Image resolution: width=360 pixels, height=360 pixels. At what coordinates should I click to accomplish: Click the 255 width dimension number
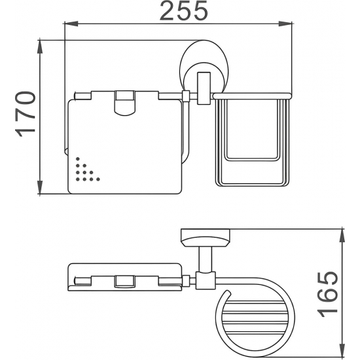[x=183, y=11]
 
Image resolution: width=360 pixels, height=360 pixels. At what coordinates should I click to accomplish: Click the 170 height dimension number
[x=26, y=115]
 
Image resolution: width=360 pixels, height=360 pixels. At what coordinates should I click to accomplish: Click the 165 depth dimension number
[x=327, y=295]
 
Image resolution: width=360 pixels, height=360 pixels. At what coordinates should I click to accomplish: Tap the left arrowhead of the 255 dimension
[x=71, y=24]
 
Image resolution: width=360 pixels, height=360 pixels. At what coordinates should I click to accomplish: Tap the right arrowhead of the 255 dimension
[x=285, y=24]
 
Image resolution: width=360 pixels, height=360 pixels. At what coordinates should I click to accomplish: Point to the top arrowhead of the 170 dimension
[x=40, y=47]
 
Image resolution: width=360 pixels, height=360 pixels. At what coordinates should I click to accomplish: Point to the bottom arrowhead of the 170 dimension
[x=40, y=187]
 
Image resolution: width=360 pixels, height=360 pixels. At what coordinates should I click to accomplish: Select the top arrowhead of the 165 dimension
[x=342, y=236]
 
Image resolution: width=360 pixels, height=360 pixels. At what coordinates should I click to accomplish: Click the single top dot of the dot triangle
[x=78, y=158]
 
